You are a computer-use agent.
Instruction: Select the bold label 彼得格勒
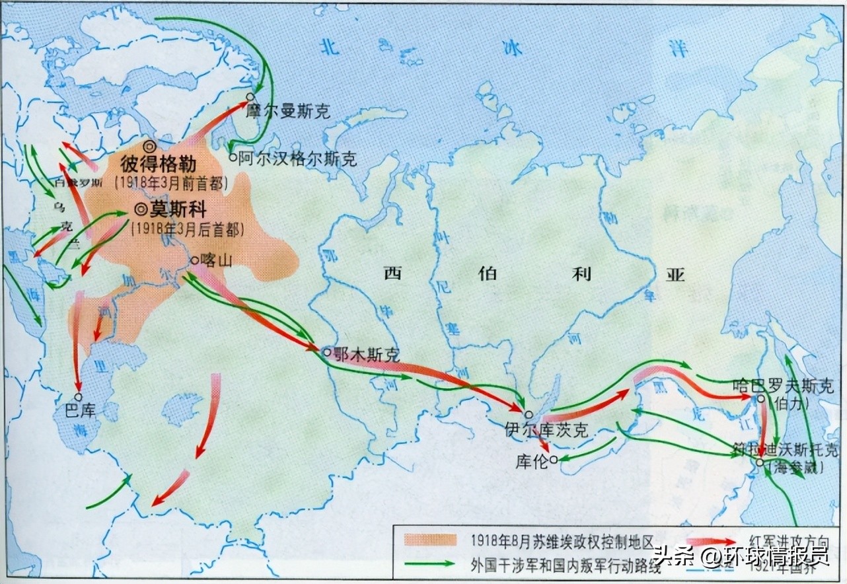(x=163, y=163)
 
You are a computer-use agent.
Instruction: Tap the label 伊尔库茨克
(x=552, y=430)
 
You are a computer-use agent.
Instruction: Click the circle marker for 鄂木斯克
(x=327, y=353)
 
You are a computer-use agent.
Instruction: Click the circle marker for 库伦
(x=554, y=460)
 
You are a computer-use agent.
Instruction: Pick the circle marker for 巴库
(x=78, y=397)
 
